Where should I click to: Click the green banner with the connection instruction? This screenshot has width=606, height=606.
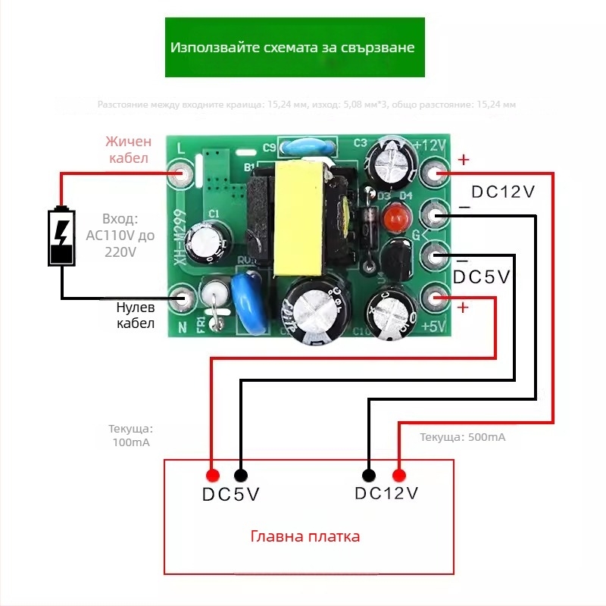294,47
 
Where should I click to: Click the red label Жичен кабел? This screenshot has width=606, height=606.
129,150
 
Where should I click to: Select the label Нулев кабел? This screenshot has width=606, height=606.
136,316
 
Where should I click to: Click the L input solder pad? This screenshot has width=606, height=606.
181,174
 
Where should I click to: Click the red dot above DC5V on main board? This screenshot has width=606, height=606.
213,476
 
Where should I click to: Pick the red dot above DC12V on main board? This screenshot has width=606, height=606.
398,476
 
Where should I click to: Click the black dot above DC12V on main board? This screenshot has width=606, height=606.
369,476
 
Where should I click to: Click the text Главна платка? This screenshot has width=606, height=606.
305,536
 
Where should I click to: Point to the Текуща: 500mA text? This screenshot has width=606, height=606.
462,438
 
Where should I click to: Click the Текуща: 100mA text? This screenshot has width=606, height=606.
131,435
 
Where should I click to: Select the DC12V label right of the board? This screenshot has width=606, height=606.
503,192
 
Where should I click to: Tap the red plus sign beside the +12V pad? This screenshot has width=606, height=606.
464,160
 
